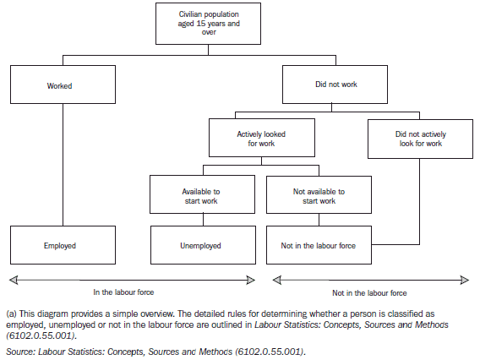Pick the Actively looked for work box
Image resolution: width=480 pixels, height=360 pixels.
pyautogui.click(x=262, y=138)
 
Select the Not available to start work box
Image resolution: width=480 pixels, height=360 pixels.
pyautogui.click(x=318, y=195)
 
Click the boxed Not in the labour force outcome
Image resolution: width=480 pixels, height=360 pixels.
pyautogui.click(x=318, y=245)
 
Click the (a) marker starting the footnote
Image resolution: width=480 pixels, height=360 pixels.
pyautogui.click(x=11, y=313)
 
